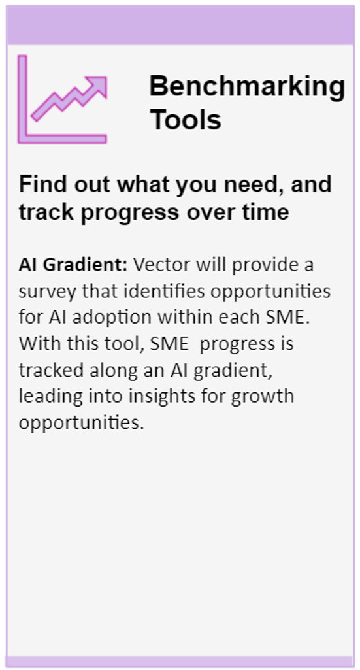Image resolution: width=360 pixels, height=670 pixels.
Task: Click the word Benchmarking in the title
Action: [x=247, y=88]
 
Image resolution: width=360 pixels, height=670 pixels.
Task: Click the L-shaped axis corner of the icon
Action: [x=23, y=139]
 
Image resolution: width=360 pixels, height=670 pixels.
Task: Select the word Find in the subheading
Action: [x=42, y=184]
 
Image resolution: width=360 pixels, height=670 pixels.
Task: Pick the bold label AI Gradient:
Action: [x=73, y=265]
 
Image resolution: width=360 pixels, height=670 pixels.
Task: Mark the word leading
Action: [x=48, y=397]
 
